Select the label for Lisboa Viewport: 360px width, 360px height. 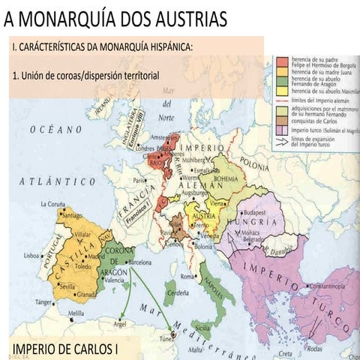click(x=31, y=256)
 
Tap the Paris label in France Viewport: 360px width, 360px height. click(x=139, y=181)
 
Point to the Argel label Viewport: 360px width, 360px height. click(x=119, y=325)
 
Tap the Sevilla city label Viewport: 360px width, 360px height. click(x=63, y=286)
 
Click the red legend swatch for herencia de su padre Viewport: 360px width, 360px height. click(x=280, y=59)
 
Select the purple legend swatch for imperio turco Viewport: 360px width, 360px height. click(x=280, y=129)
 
